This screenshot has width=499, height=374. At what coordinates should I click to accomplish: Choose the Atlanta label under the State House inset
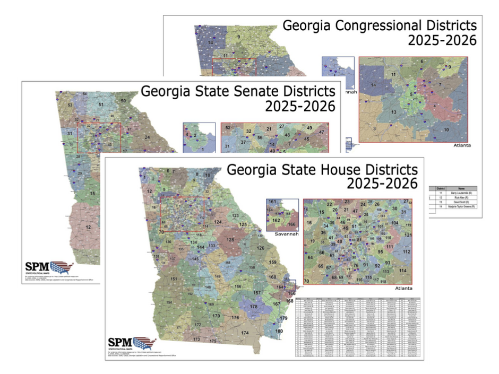(404, 289)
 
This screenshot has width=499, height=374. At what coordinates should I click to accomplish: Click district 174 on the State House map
(245, 333)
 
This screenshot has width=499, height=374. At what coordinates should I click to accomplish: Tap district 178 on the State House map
(254, 307)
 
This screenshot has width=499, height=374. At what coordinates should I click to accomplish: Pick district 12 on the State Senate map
(88, 227)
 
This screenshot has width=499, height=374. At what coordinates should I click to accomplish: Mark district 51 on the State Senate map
(101, 105)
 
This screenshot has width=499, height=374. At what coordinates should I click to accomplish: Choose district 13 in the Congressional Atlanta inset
(394, 112)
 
